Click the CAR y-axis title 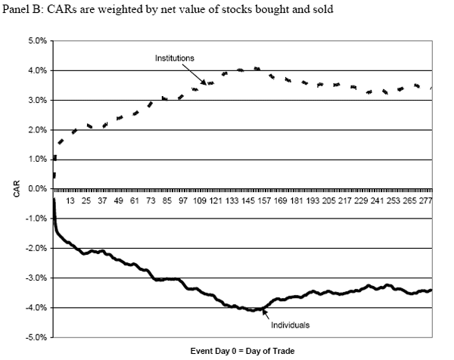point(15,189)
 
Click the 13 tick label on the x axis point(70,201)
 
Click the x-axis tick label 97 point(183,201)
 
